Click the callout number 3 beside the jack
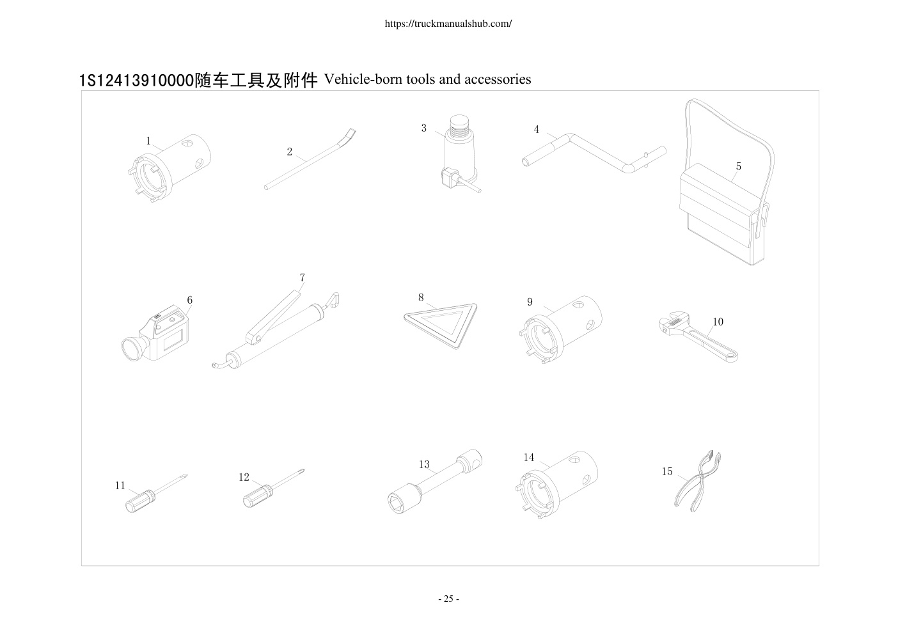click(x=424, y=128)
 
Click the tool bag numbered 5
click(x=725, y=208)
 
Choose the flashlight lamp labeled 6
click(x=155, y=334)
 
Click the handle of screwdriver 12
click(x=256, y=496)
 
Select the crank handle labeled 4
click(x=594, y=154)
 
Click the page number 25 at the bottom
click(x=448, y=599)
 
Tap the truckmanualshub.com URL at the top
click(x=448, y=24)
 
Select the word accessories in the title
click(x=498, y=79)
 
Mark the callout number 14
click(x=529, y=457)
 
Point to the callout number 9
click(x=530, y=302)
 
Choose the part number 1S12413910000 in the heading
click(x=137, y=81)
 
